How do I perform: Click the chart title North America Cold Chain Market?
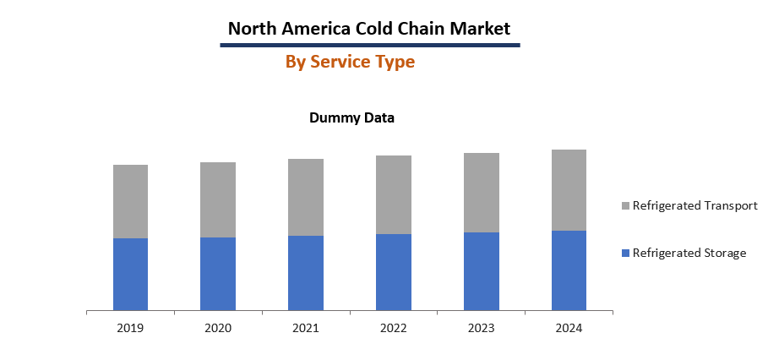point(369,28)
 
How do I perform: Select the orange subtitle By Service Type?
point(350,62)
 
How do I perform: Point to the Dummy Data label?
point(351,117)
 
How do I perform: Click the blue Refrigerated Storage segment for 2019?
point(130,274)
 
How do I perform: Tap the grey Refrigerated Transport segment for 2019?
point(130,201)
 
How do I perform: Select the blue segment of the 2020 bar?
point(218,274)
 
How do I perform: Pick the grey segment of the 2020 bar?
point(218,199)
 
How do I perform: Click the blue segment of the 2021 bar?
point(306,273)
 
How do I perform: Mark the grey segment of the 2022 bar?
point(394,194)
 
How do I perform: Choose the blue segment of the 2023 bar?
point(482,271)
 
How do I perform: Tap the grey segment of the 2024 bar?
point(569,190)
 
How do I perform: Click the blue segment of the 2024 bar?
point(569,270)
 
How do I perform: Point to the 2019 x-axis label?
point(130,327)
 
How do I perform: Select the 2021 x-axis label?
point(306,327)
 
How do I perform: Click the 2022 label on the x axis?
point(394,327)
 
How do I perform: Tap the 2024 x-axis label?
point(569,327)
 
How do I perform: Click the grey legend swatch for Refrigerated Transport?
point(625,206)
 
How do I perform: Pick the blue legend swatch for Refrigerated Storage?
point(625,254)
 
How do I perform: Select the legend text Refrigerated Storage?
point(689,253)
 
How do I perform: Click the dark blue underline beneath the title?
point(369,45)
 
